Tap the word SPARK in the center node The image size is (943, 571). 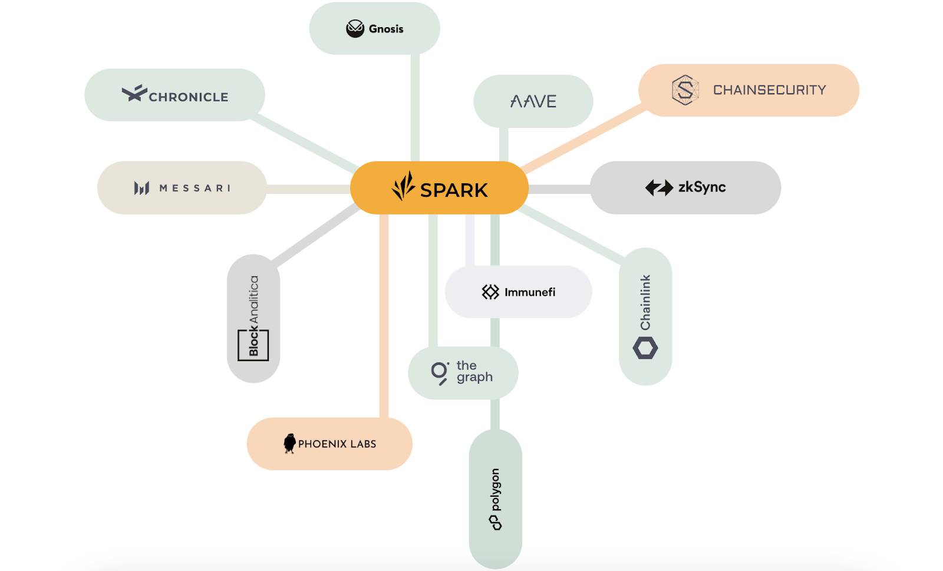pyautogui.click(x=454, y=190)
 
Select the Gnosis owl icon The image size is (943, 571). pyautogui.click(x=355, y=28)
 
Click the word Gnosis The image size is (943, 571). pyautogui.click(x=386, y=29)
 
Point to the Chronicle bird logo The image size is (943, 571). pyautogui.click(x=134, y=93)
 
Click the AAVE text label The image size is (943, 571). pyautogui.click(x=533, y=101)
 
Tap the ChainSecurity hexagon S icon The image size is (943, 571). pyautogui.click(x=685, y=90)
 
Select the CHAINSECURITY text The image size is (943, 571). pyautogui.click(x=769, y=90)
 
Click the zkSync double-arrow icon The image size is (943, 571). pyautogui.click(x=659, y=188)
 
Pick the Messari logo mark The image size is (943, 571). pyautogui.click(x=141, y=188)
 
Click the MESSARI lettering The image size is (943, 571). pyautogui.click(x=195, y=188)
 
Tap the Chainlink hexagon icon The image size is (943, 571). pyautogui.click(x=645, y=348)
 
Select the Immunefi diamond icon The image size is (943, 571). pyautogui.click(x=490, y=292)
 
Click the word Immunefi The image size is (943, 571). pyautogui.click(x=530, y=292)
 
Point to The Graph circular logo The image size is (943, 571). pyautogui.click(x=440, y=372)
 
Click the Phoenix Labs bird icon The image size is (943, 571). pyautogui.click(x=289, y=443)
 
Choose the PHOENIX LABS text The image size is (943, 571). pyautogui.click(x=337, y=444)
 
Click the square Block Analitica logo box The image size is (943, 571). pyautogui.click(x=253, y=345)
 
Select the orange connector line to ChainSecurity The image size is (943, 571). pyautogui.click(x=583, y=138)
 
